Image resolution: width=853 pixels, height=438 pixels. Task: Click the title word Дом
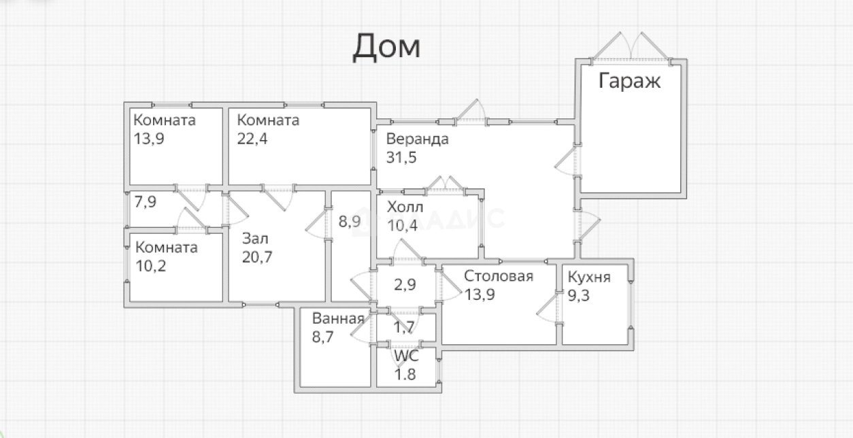coord(386,46)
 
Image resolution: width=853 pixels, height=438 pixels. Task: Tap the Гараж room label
coord(629,82)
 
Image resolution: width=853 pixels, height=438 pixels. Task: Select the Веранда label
coord(417,139)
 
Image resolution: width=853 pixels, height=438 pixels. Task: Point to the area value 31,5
coord(401,158)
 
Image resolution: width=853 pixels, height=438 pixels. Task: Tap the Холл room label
coord(405,207)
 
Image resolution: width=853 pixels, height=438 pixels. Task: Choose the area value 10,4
coord(403,225)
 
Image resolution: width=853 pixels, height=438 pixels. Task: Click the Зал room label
coord(255,239)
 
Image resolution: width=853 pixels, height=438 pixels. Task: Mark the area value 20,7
coord(257,257)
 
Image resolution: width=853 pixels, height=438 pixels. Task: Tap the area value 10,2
coord(150,265)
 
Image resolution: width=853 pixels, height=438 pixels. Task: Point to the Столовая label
coord(498,275)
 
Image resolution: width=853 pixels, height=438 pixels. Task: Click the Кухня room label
coord(588,277)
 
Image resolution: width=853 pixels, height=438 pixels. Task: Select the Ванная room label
coord(338,318)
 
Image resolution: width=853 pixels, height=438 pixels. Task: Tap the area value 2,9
coord(404,284)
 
